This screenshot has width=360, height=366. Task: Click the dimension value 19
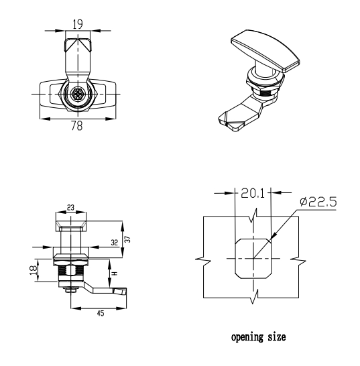click(78, 24)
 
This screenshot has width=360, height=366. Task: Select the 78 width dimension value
click(77, 126)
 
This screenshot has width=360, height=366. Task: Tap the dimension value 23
click(70, 207)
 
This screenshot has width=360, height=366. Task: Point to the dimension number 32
click(115, 243)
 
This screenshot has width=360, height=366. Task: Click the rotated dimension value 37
click(128, 239)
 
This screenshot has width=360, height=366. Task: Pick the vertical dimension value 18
click(34, 270)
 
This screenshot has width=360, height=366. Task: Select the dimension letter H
click(115, 273)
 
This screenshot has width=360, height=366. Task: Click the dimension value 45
click(101, 313)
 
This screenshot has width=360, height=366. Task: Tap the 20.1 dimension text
click(253, 193)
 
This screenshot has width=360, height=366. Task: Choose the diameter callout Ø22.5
click(318, 202)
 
